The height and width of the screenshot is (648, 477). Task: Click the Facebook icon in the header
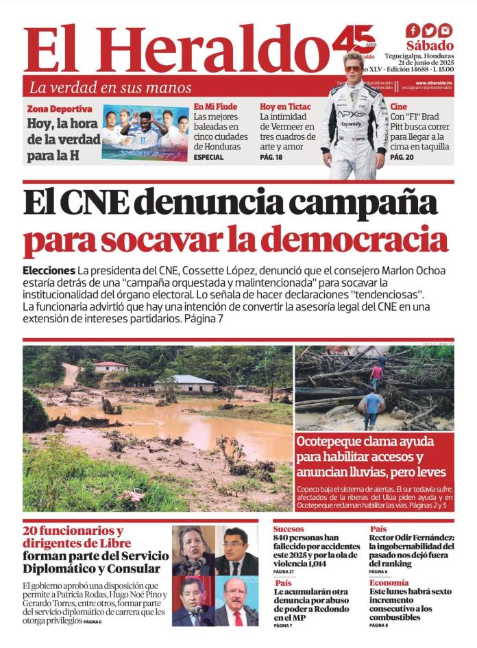pyautogui.click(x=413, y=31)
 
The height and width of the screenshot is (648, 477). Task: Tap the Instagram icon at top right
pyautogui.click(x=445, y=31)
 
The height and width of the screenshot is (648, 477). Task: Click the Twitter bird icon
pyautogui.click(x=429, y=31)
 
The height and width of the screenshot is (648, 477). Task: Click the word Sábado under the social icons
pyautogui.click(x=430, y=46)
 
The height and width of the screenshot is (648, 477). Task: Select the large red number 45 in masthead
pyautogui.click(x=353, y=43)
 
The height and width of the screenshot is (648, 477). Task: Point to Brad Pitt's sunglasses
pyautogui.click(x=353, y=69)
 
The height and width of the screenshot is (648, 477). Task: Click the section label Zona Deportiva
pyautogui.click(x=60, y=109)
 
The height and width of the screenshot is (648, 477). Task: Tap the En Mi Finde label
pyautogui.click(x=215, y=107)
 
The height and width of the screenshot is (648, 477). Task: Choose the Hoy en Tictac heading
pyautogui.click(x=285, y=107)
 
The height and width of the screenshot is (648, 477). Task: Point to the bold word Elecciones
pyautogui.click(x=49, y=270)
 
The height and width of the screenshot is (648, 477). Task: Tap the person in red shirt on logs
pyautogui.click(x=376, y=374)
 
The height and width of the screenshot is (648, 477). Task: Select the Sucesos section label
pyautogui.click(x=289, y=529)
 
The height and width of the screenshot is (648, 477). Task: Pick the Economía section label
pyautogui.click(x=389, y=583)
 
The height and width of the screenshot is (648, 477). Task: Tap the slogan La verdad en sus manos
pyautogui.click(x=110, y=88)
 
